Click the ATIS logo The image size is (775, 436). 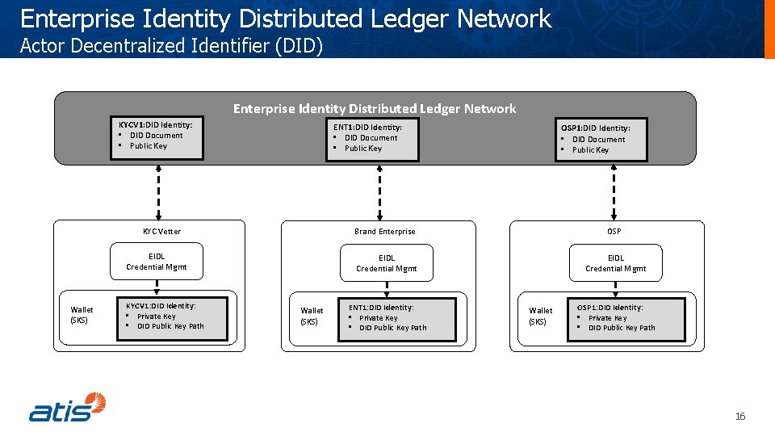[x=68, y=407]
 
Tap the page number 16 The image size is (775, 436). [x=739, y=417]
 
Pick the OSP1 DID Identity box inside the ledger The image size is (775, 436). [x=601, y=139]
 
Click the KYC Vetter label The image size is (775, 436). [x=161, y=232]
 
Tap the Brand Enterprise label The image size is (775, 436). [x=384, y=232]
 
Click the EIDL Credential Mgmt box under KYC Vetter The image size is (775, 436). [x=157, y=262]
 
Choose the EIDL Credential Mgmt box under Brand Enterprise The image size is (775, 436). [x=386, y=263]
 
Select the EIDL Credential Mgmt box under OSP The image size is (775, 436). [x=615, y=263]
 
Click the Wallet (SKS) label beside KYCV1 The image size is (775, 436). [x=82, y=315]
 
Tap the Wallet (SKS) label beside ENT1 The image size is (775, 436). [x=312, y=316]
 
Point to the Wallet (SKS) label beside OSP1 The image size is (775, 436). [x=541, y=316]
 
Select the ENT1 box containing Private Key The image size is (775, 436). [x=397, y=318]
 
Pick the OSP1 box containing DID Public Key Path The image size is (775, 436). [x=626, y=318]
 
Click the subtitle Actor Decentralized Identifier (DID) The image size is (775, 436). [x=171, y=46]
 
